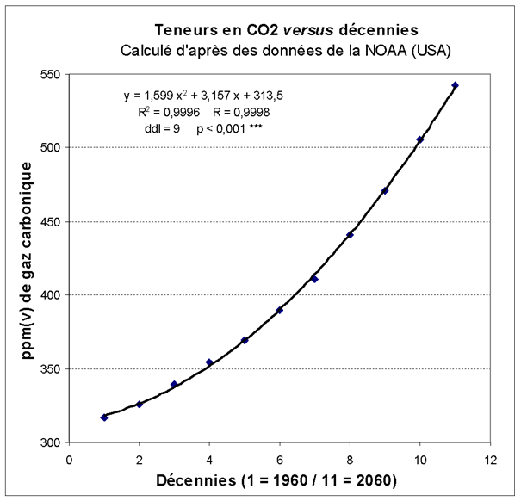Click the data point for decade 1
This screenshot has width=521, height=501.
click(104, 417)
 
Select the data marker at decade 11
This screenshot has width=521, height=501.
click(455, 85)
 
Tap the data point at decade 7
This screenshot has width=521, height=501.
click(314, 279)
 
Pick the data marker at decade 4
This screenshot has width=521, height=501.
click(209, 362)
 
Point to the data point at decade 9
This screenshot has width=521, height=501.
click(385, 190)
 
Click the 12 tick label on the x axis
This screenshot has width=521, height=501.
click(490, 458)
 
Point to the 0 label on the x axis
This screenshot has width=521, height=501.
click(69, 458)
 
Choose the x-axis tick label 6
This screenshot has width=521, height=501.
click(279, 458)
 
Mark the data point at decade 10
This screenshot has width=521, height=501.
click(419, 139)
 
